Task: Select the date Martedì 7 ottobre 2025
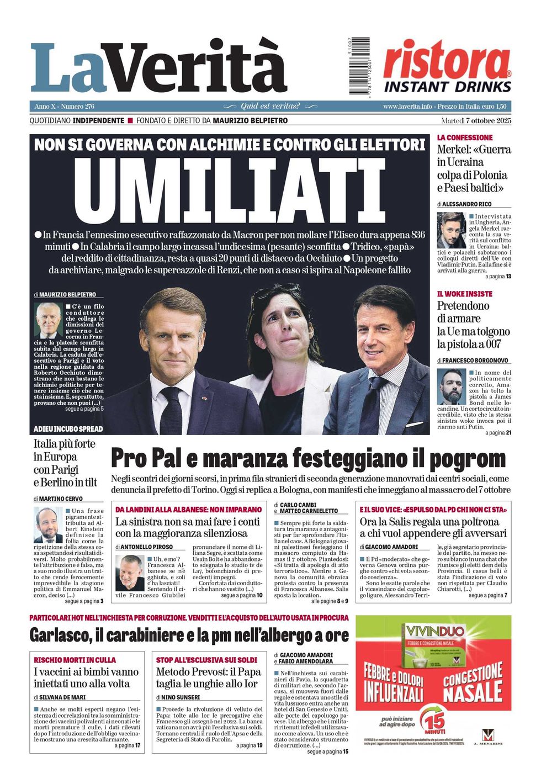(x=476, y=120)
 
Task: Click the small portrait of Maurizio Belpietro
(x=49, y=320)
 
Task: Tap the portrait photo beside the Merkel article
(x=451, y=230)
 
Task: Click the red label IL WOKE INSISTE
(x=464, y=294)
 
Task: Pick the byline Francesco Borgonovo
(x=475, y=360)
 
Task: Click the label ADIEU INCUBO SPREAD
(x=68, y=429)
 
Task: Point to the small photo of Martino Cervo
(x=48, y=525)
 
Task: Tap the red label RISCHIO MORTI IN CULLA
(x=75, y=660)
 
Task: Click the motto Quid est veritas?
(x=270, y=106)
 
